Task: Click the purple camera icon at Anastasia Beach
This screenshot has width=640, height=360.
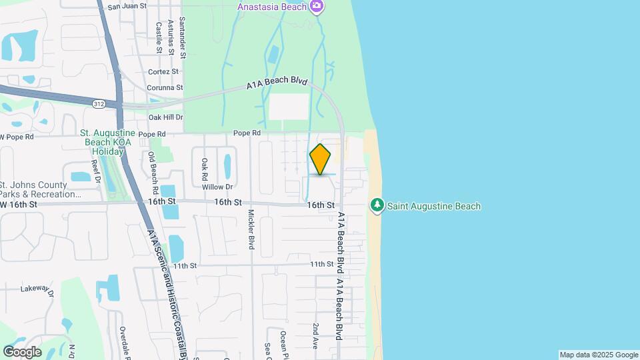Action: coord(317,7)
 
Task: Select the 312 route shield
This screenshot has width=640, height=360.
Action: coord(99,103)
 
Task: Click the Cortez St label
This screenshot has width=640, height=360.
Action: coord(164,71)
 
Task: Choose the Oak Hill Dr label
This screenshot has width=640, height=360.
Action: coord(165,117)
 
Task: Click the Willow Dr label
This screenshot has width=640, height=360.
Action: coord(218,187)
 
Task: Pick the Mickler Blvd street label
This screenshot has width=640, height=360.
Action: coord(251,230)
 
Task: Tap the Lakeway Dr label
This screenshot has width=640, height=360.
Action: coord(36,289)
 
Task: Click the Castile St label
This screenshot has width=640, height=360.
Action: coord(159,37)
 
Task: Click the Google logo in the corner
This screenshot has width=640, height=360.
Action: coord(22,352)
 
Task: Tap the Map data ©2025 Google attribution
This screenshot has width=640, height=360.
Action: coord(599,355)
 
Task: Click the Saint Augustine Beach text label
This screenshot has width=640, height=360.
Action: coord(435,207)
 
